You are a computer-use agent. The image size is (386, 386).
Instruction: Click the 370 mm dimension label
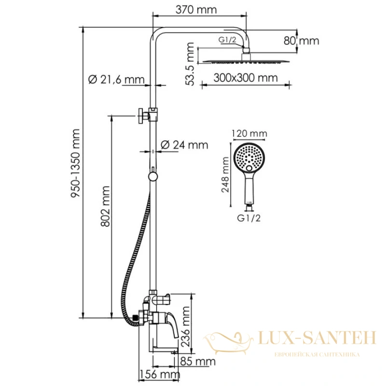coord(196,10)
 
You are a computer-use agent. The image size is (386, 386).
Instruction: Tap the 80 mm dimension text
coord(301,41)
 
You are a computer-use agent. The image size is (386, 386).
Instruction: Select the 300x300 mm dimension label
coord(246,78)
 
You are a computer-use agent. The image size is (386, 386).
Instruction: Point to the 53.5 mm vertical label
coord(190,64)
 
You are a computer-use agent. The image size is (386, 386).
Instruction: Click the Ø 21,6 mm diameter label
coord(116,79)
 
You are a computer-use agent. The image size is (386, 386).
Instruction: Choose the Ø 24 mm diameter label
coord(184,145)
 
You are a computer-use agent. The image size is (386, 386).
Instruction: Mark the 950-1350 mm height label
coord(75,163)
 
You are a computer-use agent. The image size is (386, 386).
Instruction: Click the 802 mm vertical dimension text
coord(106,207)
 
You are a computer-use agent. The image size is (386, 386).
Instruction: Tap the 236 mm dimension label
coord(186,327)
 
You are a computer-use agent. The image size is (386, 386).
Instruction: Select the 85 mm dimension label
coord(198,361)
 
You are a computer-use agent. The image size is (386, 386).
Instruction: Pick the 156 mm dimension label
coord(160,374)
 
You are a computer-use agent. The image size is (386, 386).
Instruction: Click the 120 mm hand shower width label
coord(249,134)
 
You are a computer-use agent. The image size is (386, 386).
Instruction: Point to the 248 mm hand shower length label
coord(225,175)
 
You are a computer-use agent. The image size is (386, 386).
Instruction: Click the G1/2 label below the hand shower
coord(248,218)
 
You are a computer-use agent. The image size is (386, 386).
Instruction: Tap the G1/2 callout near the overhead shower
coord(227,40)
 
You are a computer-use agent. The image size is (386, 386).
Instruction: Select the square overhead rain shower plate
coord(246,61)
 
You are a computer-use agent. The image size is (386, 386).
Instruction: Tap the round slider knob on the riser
coord(153,177)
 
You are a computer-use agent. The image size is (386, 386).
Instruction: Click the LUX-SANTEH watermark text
coord(317,337)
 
